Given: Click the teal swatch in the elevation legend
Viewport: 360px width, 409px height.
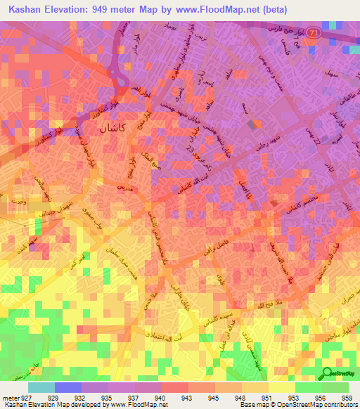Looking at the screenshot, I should (x=41, y=387).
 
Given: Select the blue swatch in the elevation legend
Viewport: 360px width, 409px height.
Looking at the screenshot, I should (x=67, y=387).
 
